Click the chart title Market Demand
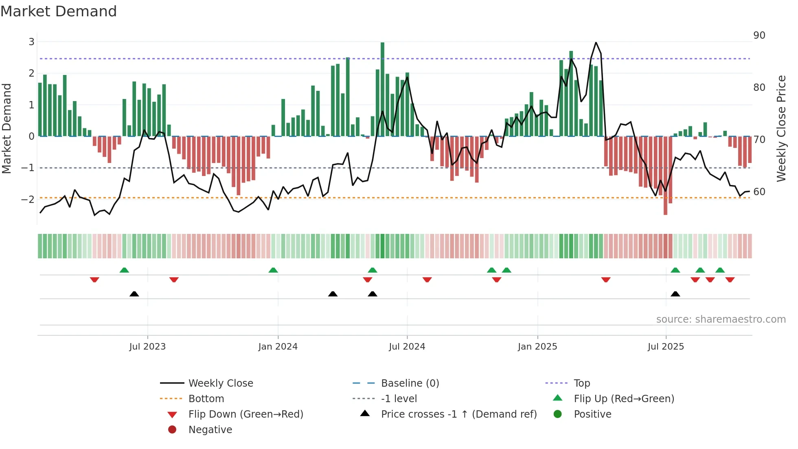coord(59,11)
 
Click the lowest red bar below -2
coord(665,175)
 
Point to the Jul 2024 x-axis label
coord(407,347)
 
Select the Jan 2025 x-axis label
coord(537,347)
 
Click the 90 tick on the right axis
coord(759,35)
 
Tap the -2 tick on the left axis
coord(28,199)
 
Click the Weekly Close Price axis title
coord(781,128)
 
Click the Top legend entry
coord(582,383)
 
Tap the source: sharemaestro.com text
coord(721,319)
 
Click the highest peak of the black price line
coord(596,43)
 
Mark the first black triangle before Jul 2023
coord(134,294)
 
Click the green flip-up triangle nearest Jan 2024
coord(273,270)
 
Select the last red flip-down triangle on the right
coord(730,280)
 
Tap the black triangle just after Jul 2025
coord(675,294)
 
